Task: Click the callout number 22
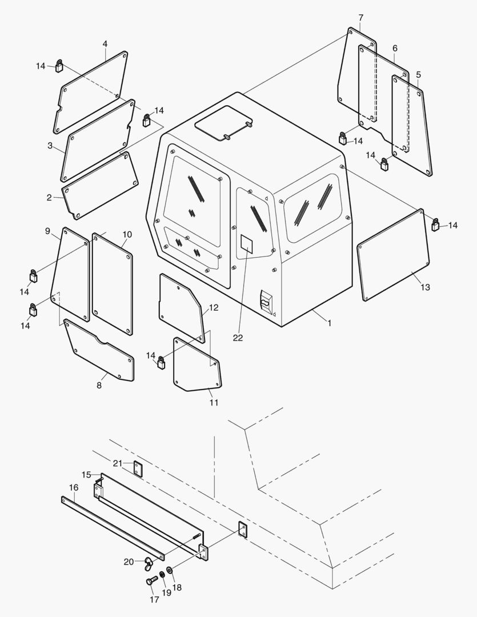tap(238, 338)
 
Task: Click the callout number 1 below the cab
tap(330, 323)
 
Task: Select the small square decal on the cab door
tap(246, 242)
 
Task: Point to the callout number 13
tap(425, 287)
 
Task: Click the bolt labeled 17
tap(150, 581)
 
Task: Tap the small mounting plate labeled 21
tap(138, 467)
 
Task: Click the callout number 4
tap(105, 43)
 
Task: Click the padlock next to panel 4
tap(59, 66)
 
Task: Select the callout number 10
tap(127, 235)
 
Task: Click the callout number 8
tap(99, 386)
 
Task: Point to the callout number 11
tap(214, 402)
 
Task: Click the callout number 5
tap(419, 75)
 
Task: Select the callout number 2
tap(49, 198)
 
